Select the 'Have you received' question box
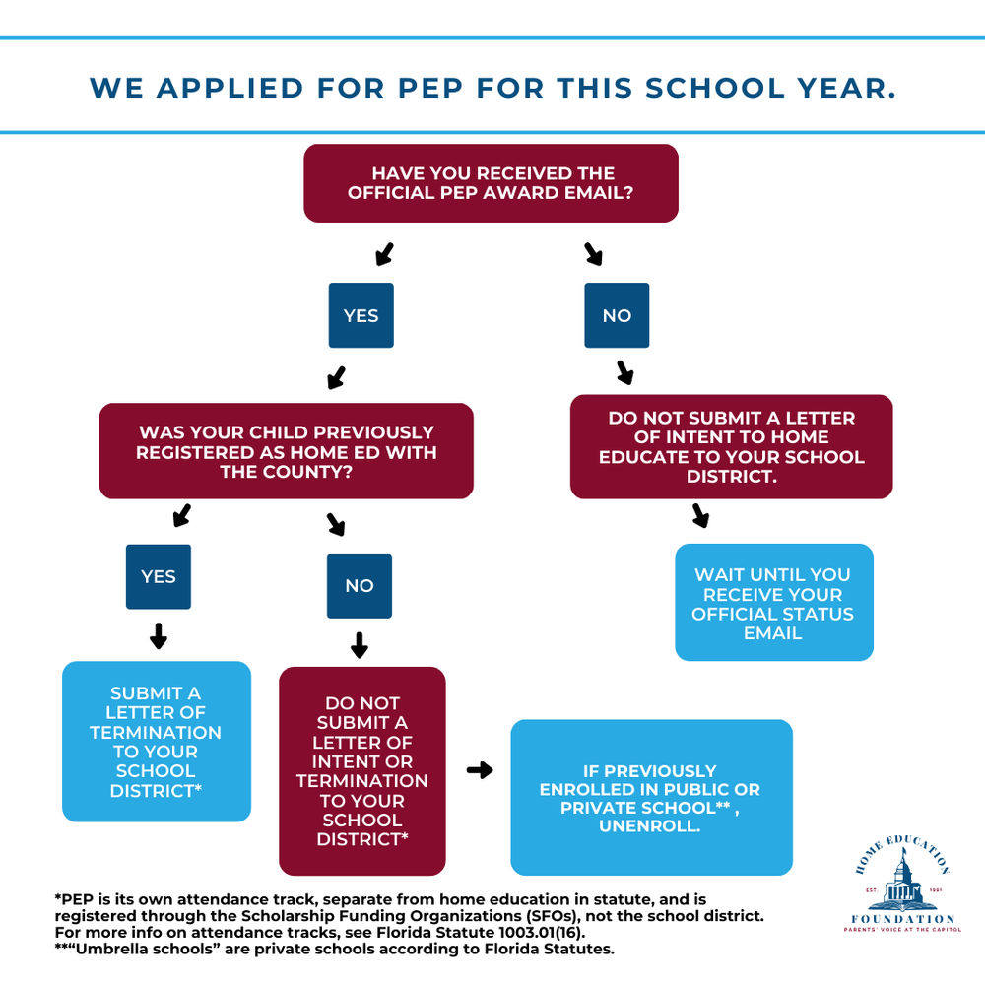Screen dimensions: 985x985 [491, 183]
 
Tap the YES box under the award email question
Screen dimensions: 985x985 [361, 315]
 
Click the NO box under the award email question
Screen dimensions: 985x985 [617, 315]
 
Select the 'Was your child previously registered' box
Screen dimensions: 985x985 [286, 451]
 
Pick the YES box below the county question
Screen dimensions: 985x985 [158, 576]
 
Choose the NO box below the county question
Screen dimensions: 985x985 [359, 585]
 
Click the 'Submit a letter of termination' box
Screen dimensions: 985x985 [156, 741]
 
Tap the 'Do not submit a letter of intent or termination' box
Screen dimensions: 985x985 [361, 770]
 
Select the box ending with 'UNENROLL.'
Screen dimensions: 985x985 [650, 798]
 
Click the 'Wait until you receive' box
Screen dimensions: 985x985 [773, 602]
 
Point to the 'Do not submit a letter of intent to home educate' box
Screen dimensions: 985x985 [731, 446]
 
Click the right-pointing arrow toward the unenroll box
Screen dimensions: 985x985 [479, 770]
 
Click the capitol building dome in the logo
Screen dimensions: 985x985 [902, 871]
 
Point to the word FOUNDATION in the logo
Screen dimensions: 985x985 [902, 919]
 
